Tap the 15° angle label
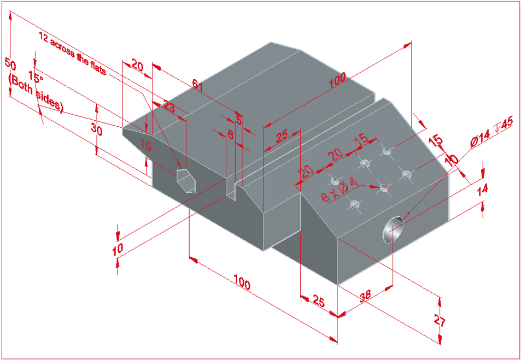click(x=35, y=78)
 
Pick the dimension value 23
click(x=169, y=108)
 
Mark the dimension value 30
click(x=96, y=129)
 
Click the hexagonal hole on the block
click(x=185, y=179)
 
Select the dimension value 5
click(x=238, y=119)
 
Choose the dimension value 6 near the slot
click(x=230, y=134)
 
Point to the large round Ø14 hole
click(x=393, y=228)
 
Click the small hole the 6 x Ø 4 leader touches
click(x=384, y=188)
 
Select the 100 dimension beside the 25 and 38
click(x=242, y=284)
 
